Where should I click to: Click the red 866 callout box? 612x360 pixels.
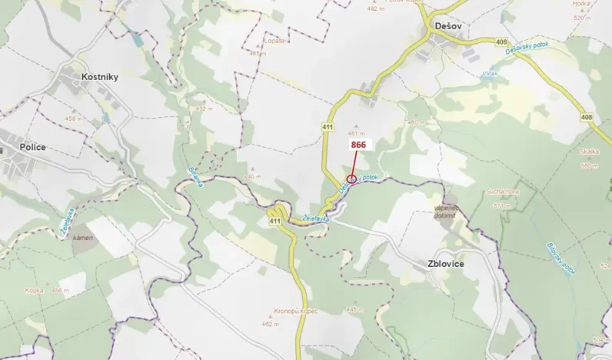pyautogui.click(x=358, y=144)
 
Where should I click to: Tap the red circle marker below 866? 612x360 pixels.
pyautogui.click(x=351, y=179)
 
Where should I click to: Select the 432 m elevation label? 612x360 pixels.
pyautogui.click(x=204, y=109)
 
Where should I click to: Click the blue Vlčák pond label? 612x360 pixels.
pyautogui.click(x=490, y=74)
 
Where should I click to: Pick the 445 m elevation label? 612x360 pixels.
pyautogui.click(x=354, y=309)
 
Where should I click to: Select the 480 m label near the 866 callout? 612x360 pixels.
pyautogui.click(x=416, y=122)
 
